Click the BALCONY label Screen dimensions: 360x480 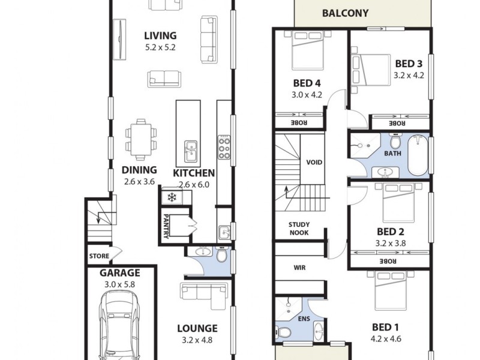coord(345,13)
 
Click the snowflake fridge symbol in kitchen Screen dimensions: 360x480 coord(170,197)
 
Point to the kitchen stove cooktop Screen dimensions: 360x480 coord(224,146)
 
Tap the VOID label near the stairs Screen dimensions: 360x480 coord(314,162)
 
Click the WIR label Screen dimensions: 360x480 coord(300,268)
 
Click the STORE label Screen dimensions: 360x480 coord(99,256)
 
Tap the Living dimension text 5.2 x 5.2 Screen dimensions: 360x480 coord(160,47)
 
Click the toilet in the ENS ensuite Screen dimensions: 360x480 coord(283,331)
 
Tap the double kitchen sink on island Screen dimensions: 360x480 coord(191,151)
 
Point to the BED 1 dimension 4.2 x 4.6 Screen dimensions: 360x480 coord(386,339)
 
